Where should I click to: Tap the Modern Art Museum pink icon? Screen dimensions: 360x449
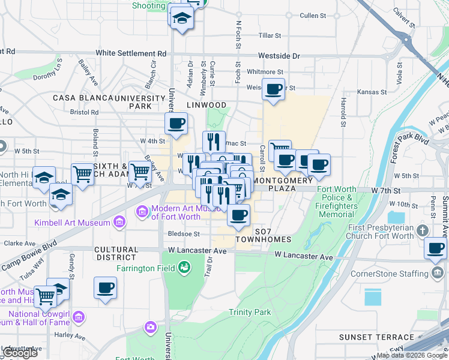142,211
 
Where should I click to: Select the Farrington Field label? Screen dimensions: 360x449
146,268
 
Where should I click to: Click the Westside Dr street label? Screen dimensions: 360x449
279,56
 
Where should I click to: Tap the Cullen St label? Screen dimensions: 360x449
312,15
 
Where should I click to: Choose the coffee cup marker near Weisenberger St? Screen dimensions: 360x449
274,89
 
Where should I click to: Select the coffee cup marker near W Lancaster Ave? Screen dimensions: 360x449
435,248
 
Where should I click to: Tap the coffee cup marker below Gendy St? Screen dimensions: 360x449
106,287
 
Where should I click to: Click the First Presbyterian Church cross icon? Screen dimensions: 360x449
423,231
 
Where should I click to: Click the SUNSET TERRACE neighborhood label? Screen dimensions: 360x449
376,337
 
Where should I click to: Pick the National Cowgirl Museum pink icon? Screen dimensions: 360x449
80,316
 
